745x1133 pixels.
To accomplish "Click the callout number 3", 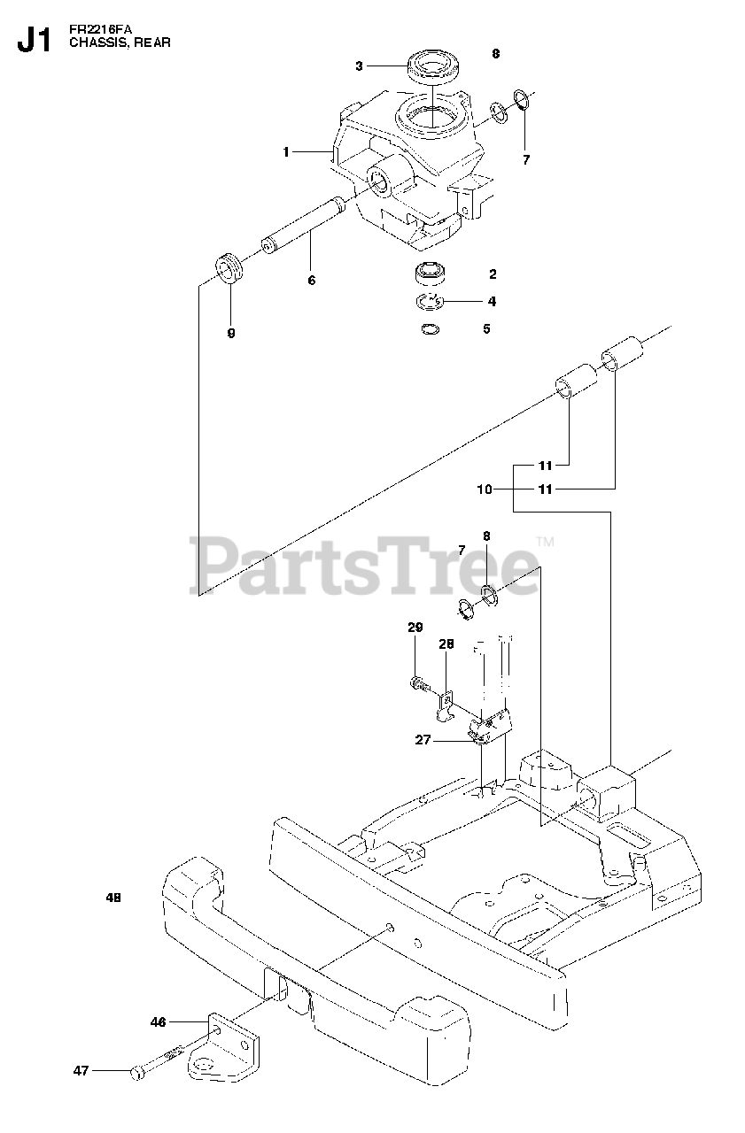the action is (359, 66).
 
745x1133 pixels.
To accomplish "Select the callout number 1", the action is (286, 152).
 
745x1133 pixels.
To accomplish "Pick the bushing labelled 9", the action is (230, 267).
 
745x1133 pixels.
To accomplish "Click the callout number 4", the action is (492, 301).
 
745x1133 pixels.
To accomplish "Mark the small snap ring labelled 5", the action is (430, 330).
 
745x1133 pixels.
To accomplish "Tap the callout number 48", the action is (113, 898).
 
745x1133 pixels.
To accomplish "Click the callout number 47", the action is (81, 1071).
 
